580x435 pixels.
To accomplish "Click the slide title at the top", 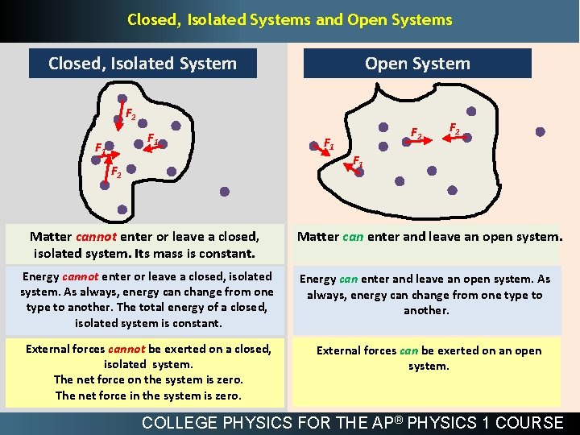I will click(290, 19).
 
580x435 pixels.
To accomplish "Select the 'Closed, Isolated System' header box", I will click(143, 63).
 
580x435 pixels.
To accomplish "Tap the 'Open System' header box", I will click(417, 63).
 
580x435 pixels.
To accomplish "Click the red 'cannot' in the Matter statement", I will click(97, 237).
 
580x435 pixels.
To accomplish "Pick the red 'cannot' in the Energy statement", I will click(85, 277).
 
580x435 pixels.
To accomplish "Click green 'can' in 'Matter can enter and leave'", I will click(353, 237).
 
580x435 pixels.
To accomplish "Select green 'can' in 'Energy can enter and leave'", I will click(348, 279).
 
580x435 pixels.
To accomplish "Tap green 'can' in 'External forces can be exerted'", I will click(408, 350).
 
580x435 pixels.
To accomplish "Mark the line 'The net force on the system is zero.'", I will click(148, 379).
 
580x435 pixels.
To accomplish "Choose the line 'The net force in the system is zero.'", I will click(148, 395).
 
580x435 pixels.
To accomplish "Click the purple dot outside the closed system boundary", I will click(225, 192).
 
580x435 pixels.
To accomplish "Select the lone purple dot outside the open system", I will click(540, 131).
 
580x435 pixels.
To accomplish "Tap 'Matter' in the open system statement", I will click(318, 237).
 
